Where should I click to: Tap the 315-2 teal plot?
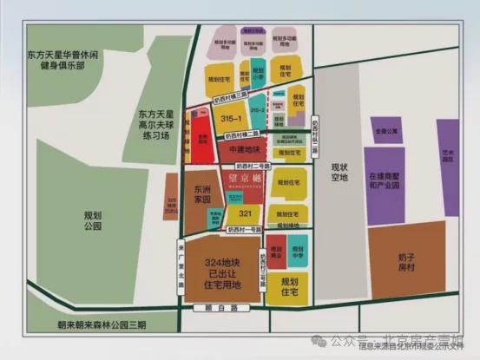[x=257, y=112]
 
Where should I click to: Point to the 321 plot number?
[x=247, y=212]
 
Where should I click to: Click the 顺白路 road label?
[x=227, y=308]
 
